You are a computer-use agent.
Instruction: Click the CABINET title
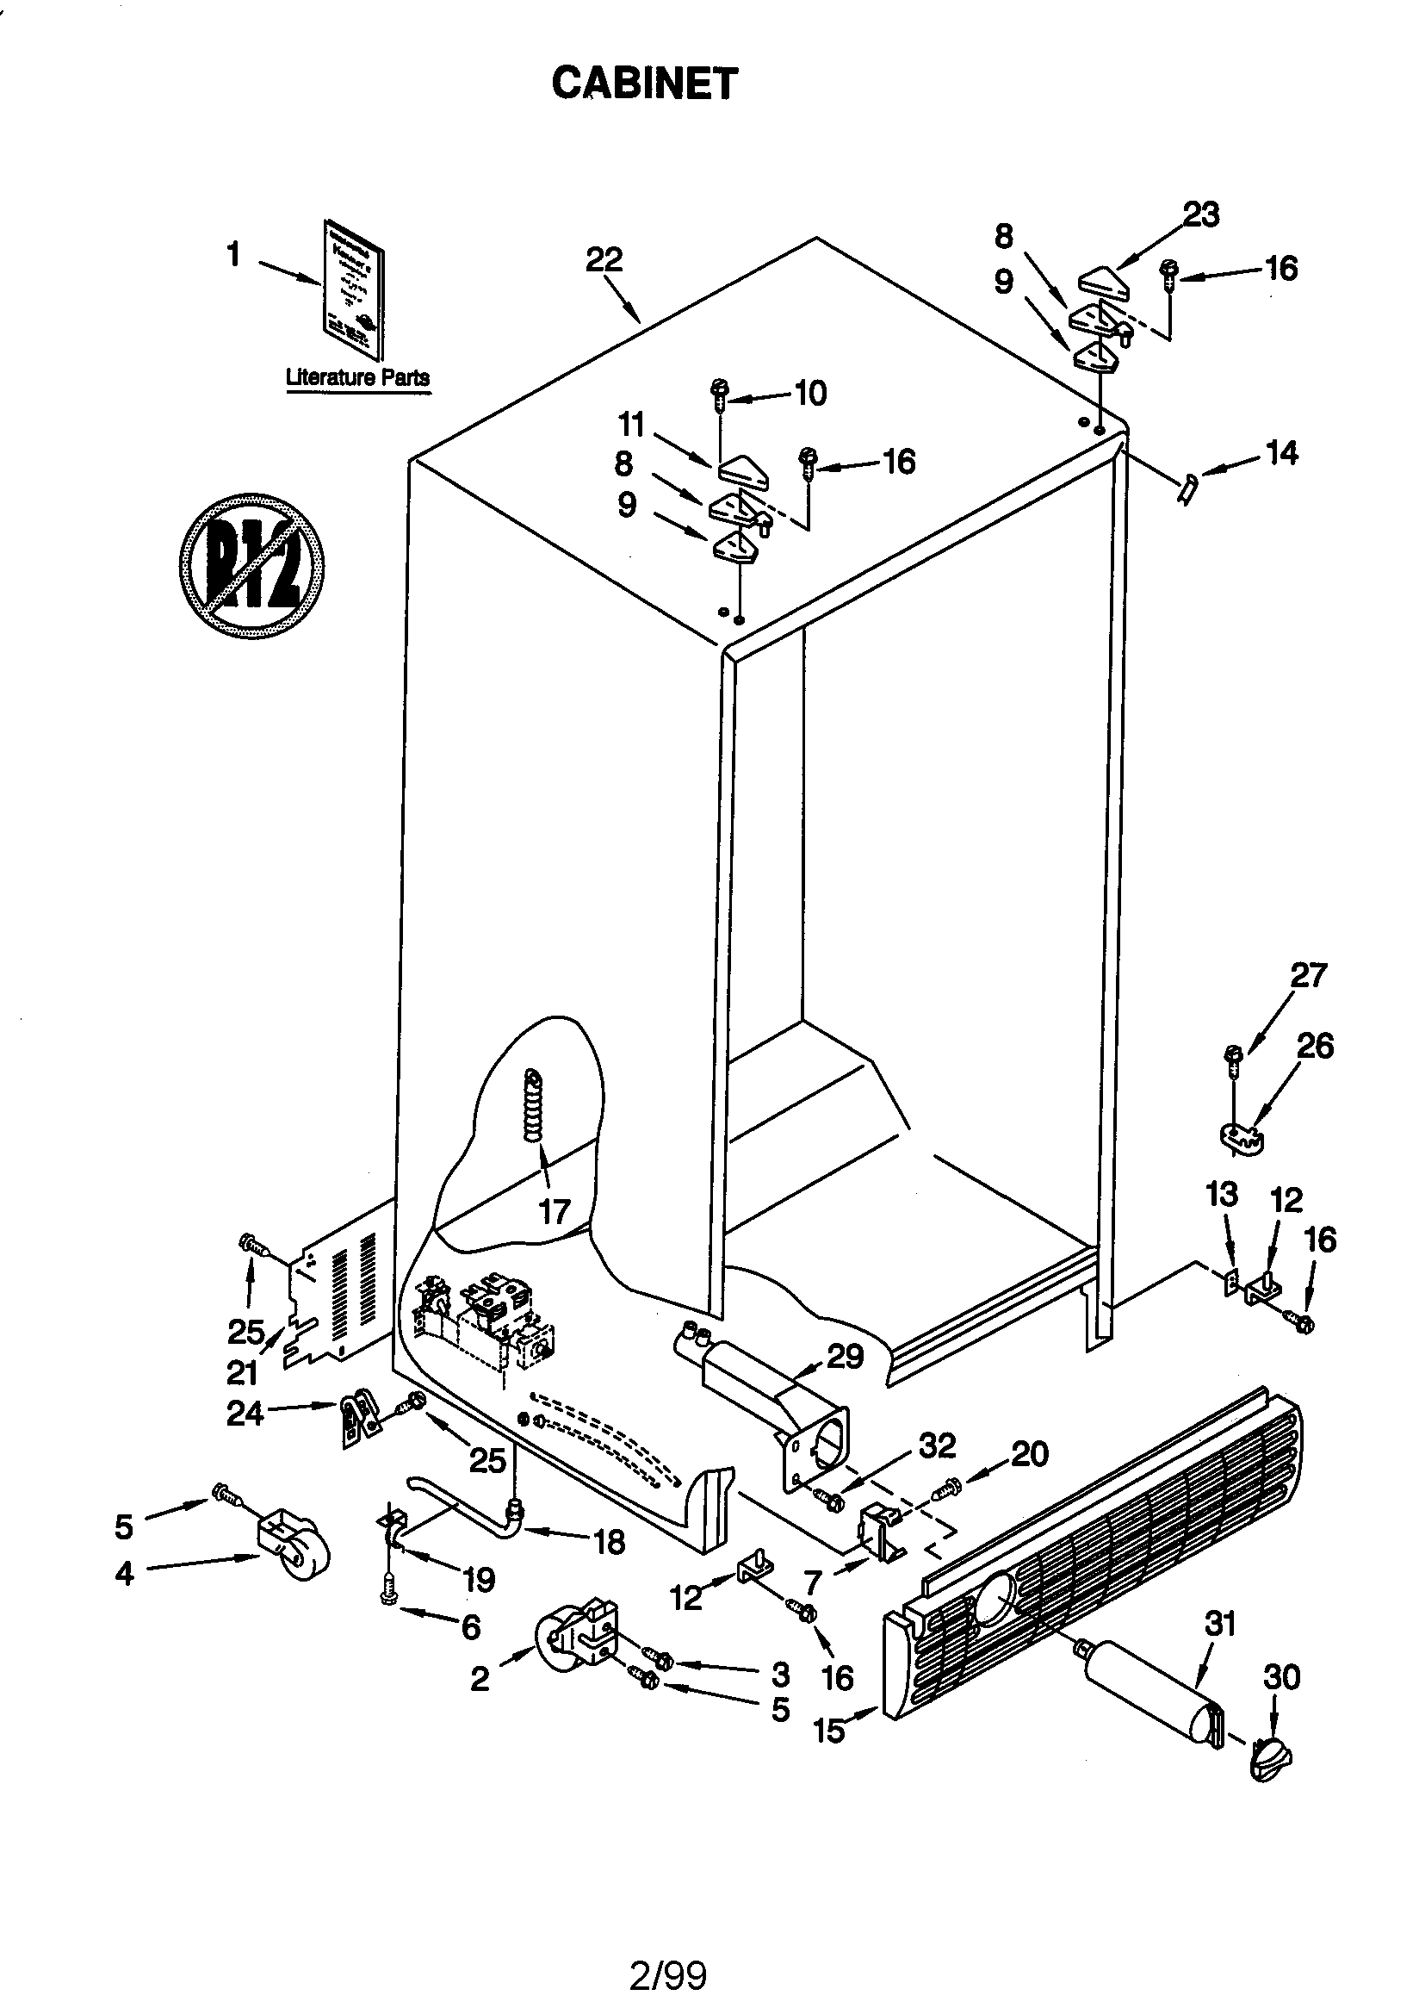tap(644, 84)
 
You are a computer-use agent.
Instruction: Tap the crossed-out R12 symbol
tap(251, 566)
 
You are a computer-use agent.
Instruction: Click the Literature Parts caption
tap(358, 378)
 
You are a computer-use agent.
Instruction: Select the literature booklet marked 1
tap(353, 289)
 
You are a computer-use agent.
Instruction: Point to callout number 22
tap(604, 259)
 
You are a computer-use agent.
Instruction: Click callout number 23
tap(1200, 214)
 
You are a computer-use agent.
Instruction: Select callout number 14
tap(1281, 453)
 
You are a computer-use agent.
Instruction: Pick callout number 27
tap(1309, 975)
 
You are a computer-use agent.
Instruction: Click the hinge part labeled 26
tap(1242, 1138)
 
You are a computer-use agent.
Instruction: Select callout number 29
tap(846, 1356)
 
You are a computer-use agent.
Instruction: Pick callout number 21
tap(242, 1372)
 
